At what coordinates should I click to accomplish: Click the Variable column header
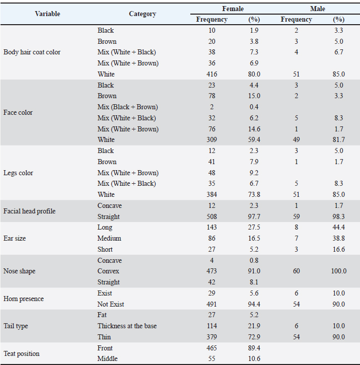click(x=47, y=14)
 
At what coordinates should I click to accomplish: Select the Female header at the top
click(x=233, y=9)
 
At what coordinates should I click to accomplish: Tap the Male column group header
click(x=318, y=9)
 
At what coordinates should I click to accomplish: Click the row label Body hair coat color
click(x=32, y=52)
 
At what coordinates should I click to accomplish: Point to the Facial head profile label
click(x=29, y=211)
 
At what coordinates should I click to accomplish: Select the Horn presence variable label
click(x=23, y=299)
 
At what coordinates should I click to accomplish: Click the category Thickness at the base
click(x=127, y=326)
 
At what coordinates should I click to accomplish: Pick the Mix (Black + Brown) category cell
click(x=127, y=107)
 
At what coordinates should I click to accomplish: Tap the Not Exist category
click(x=111, y=304)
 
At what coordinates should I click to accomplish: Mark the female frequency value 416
click(x=211, y=74)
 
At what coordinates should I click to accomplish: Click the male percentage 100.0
click(x=338, y=271)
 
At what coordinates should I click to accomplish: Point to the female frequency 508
click(x=211, y=216)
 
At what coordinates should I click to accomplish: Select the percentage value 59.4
click(x=254, y=139)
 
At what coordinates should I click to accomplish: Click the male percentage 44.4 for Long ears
click(x=338, y=228)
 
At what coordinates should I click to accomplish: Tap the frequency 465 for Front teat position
click(x=211, y=348)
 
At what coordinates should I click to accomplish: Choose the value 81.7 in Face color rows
click(x=338, y=139)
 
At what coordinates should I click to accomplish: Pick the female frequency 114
click(x=211, y=326)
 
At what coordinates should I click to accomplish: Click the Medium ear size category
click(x=109, y=238)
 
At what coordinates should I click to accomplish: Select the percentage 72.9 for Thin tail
click(x=254, y=337)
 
